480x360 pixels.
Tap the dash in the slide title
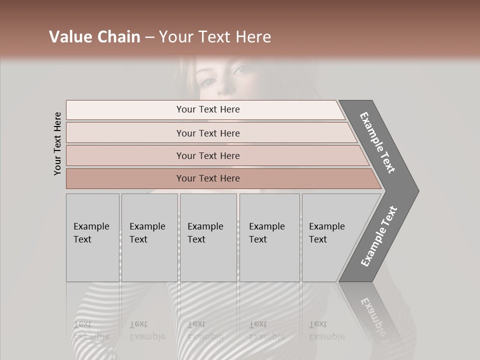[149, 37]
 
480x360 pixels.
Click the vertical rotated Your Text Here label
[57, 143]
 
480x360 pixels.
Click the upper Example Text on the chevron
[377, 142]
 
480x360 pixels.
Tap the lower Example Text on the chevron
[378, 236]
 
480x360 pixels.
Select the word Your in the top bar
[186, 109]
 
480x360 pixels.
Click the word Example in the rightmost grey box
[327, 226]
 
